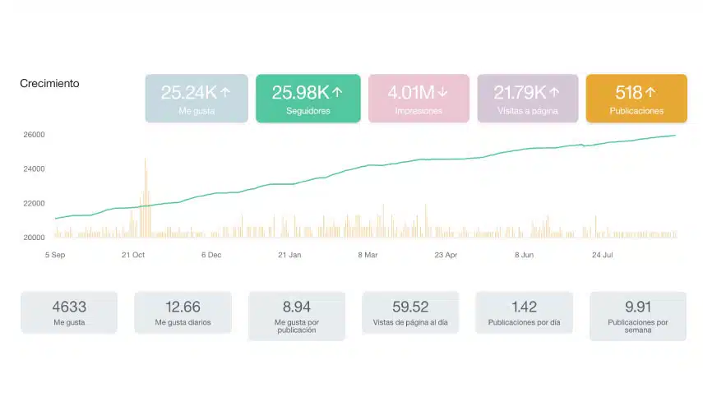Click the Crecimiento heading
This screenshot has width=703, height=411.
pyautogui.click(x=49, y=83)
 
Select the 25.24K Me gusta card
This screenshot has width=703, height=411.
pyautogui.click(x=197, y=98)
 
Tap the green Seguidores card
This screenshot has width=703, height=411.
pyautogui.click(x=308, y=98)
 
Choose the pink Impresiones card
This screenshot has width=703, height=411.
pyautogui.click(x=419, y=98)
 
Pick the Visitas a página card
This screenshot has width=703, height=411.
pyautogui.click(x=528, y=98)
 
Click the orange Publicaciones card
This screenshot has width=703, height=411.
pyautogui.click(x=636, y=98)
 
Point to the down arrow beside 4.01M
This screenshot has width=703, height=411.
pyautogui.click(x=442, y=92)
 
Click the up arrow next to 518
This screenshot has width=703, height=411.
pyautogui.click(x=650, y=92)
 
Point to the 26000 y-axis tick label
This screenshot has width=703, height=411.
pyautogui.click(x=34, y=135)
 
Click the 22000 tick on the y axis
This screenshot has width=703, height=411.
pyautogui.click(x=34, y=203)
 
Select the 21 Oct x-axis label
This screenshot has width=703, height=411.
pyautogui.click(x=133, y=255)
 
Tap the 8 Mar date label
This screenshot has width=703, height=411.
pyautogui.click(x=368, y=255)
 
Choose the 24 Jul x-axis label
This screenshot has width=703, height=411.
pyautogui.click(x=602, y=255)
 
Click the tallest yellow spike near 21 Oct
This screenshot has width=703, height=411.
pyautogui.click(x=146, y=197)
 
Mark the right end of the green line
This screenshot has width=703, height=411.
pyautogui.click(x=675, y=135)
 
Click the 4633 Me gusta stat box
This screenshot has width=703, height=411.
pyautogui.click(x=69, y=312)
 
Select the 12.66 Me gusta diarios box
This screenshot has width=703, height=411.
pyautogui.click(x=183, y=312)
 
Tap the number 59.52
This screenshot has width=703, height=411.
pyautogui.click(x=410, y=307)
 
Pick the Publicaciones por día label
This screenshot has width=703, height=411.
pyautogui.click(x=524, y=322)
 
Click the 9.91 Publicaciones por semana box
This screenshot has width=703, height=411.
pyautogui.click(x=638, y=316)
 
